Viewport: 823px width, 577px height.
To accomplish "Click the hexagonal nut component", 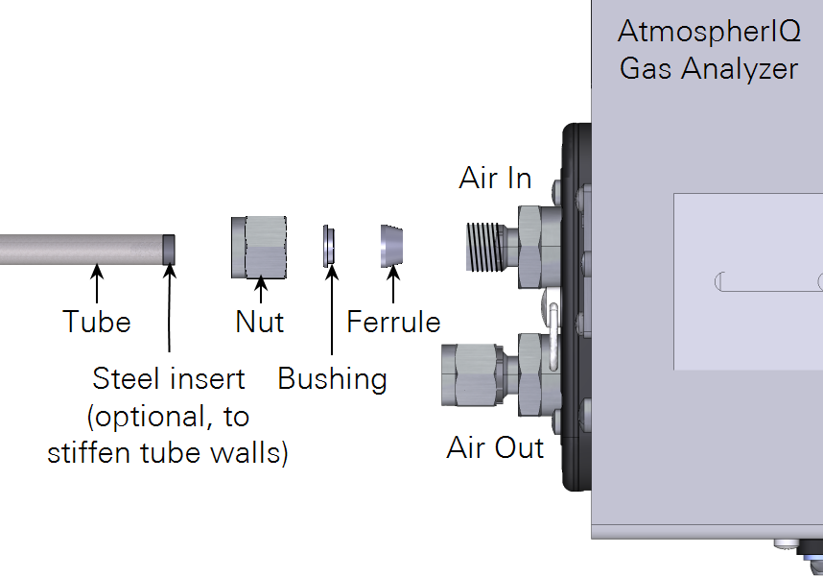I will [258, 247].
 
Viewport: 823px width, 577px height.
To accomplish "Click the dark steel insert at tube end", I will [169, 249].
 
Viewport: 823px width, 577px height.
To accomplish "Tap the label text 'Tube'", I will [96, 322].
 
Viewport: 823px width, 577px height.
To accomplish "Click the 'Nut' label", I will [259, 322].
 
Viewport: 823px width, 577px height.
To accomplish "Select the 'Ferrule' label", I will [393, 322].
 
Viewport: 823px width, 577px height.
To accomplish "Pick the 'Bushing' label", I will [332, 379].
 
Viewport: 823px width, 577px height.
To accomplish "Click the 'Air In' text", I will [495, 179].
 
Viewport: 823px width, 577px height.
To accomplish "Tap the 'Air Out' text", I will [495, 448].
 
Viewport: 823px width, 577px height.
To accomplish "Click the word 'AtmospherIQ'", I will [709, 32].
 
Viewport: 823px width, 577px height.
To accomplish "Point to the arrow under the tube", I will [96, 285].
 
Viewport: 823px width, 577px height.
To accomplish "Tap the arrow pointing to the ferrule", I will [392, 285].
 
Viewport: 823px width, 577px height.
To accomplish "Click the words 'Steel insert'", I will [169, 379].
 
